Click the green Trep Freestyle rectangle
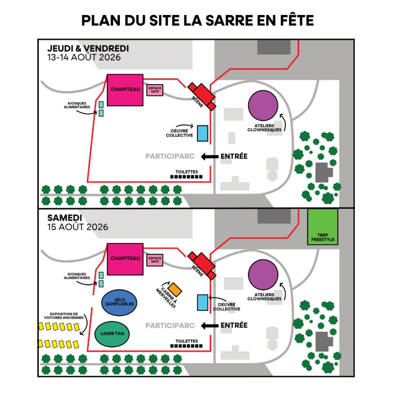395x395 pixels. point(323,227)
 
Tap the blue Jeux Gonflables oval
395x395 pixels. point(119,302)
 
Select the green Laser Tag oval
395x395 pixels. point(112,334)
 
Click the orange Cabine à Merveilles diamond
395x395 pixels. point(175,289)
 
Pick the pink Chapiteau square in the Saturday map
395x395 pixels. point(125,259)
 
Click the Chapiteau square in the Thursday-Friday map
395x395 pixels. point(125,90)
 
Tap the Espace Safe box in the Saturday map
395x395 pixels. point(155,260)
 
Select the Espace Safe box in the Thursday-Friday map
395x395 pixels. point(155,90)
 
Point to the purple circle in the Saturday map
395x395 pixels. point(263,275)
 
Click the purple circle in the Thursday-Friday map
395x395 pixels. point(263,106)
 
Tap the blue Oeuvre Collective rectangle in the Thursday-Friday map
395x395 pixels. point(203,133)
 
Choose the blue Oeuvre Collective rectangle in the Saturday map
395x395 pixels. point(203,302)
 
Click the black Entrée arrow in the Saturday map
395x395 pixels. point(209,326)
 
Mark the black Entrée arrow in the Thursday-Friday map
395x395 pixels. point(209,157)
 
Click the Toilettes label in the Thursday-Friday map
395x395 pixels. point(187,172)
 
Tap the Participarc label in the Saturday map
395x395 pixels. point(170,326)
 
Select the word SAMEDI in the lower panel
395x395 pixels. point(65,218)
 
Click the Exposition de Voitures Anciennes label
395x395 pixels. point(64,316)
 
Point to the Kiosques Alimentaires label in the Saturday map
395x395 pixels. point(77,276)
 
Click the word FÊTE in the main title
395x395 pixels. point(297,20)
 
